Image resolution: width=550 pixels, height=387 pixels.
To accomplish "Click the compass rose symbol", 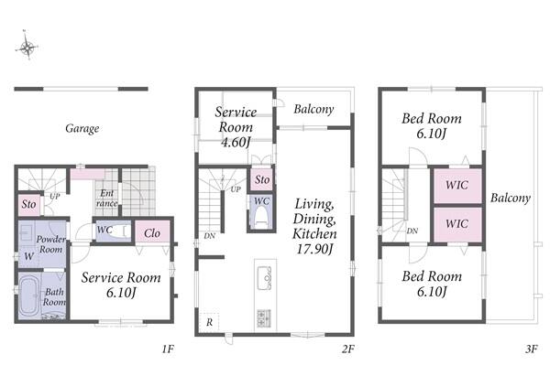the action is coord(27,47).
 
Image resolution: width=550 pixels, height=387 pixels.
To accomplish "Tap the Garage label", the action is coord(82,128).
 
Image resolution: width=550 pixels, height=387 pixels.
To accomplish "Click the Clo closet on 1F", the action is coord(152,231).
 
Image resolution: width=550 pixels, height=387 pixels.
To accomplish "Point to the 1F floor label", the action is coord(168,349).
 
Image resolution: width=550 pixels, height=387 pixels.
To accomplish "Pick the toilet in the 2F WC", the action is coord(260,218).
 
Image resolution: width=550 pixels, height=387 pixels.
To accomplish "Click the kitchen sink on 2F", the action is coord(265,278).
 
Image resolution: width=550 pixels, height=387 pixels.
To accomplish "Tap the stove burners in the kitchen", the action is coord(264,318).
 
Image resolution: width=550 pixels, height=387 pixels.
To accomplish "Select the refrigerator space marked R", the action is coord(209,322).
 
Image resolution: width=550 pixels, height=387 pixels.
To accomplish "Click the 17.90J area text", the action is coord(314,249).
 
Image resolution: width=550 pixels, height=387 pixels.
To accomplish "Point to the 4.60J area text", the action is coord(236,142).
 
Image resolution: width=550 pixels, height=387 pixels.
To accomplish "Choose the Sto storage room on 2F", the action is coord(261,180).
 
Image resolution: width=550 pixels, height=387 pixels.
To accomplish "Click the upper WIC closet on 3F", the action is coord(457,186).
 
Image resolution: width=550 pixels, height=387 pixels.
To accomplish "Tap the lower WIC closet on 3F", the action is coord(457,224).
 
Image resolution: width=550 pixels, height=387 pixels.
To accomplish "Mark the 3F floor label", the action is coord(532,349).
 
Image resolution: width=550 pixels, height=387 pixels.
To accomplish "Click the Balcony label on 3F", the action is coord(511,198).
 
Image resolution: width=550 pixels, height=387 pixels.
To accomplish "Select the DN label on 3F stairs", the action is coord(412,231).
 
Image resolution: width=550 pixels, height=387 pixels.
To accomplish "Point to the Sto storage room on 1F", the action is coord(28,204).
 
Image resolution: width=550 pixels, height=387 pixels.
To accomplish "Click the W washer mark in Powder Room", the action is coord(28,256).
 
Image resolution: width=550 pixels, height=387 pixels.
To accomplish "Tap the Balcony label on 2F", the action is coord(313,109).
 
